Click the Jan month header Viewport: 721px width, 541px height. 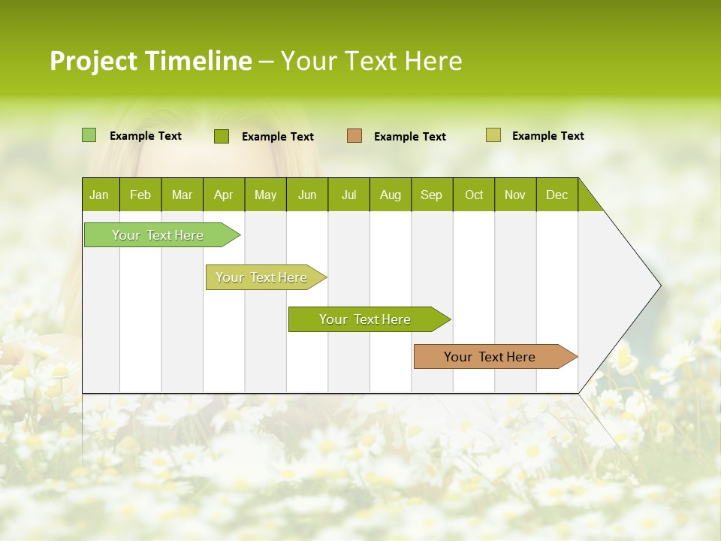click(x=99, y=195)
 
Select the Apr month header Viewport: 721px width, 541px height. click(x=223, y=195)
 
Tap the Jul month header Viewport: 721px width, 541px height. click(x=348, y=195)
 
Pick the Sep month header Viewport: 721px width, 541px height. click(x=431, y=195)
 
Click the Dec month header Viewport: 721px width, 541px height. click(x=557, y=195)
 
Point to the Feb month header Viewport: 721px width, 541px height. click(x=140, y=195)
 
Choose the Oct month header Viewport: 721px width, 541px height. click(x=474, y=195)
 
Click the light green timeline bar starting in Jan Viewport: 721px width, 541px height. click(x=158, y=235)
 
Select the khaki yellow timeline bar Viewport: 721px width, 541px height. click(x=261, y=277)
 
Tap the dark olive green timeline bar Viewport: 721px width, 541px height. click(x=365, y=319)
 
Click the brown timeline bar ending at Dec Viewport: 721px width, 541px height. click(x=490, y=357)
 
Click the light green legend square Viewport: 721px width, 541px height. click(x=89, y=135)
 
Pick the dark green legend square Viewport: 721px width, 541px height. click(x=222, y=136)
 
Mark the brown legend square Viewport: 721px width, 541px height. click(x=354, y=136)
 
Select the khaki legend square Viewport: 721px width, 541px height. click(x=493, y=135)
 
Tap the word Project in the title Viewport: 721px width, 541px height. click(x=94, y=61)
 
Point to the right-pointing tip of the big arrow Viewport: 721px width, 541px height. click(x=659, y=286)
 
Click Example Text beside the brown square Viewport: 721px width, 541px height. click(x=409, y=137)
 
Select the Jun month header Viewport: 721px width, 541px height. click(x=307, y=195)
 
